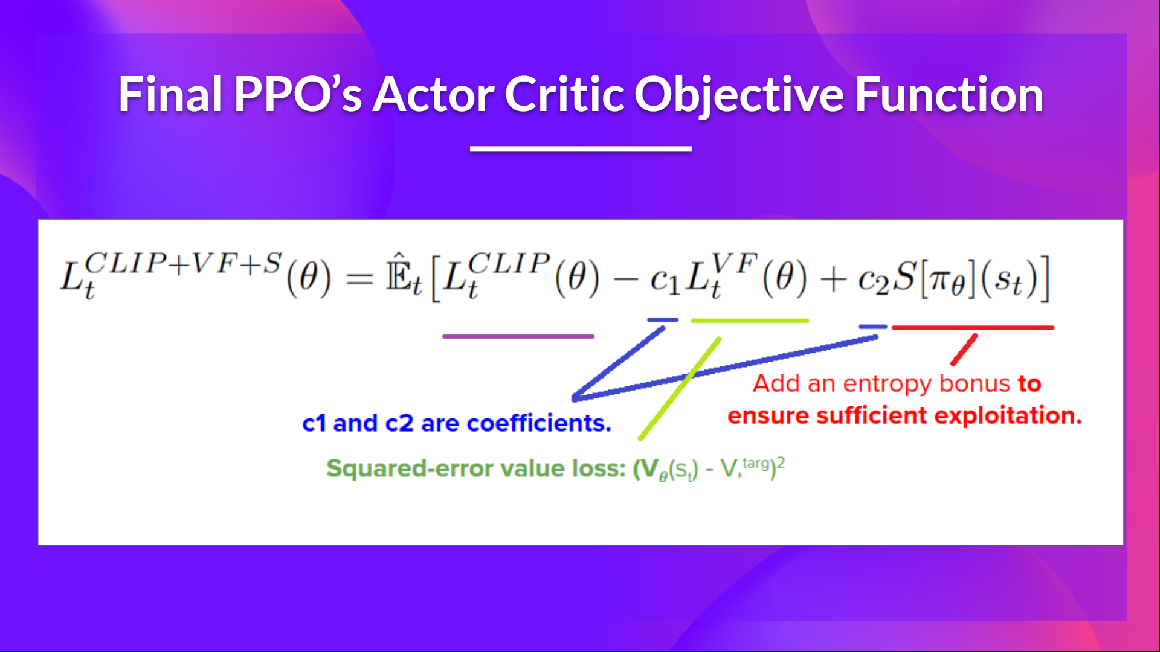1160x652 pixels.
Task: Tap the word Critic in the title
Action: (x=564, y=95)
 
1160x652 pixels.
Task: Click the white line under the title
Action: (x=581, y=149)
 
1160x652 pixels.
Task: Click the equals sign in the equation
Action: (x=359, y=280)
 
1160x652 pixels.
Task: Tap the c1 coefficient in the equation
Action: (x=665, y=281)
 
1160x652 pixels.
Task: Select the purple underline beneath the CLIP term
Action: (x=518, y=336)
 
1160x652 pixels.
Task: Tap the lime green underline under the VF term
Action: (x=749, y=321)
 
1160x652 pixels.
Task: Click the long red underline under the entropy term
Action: (x=973, y=327)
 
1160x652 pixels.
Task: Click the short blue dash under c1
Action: (x=663, y=320)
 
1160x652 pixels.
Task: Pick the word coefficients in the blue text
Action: (x=539, y=423)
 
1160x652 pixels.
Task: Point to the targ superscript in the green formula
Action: (x=755, y=463)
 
